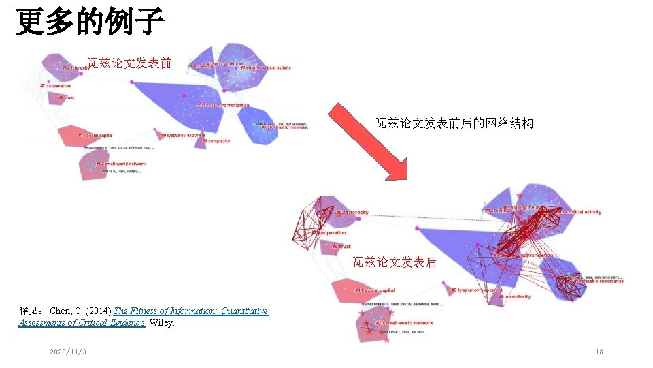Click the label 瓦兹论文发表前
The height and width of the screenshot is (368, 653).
coord(129,63)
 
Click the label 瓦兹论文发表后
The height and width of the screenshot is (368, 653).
coord(395,262)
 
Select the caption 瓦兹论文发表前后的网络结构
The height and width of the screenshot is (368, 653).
coord(454,123)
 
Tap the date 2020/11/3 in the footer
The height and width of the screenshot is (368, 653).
coord(67,352)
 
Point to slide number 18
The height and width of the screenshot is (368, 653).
coord(599,352)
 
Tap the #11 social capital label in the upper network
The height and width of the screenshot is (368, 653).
coord(95,135)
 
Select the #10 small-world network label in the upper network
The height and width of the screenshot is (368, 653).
coord(121,164)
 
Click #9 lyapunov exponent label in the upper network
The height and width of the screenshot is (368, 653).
coord(184,135)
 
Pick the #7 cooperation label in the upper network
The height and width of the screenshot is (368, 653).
coord(56,86)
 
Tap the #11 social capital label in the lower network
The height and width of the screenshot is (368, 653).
coord(375,290)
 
